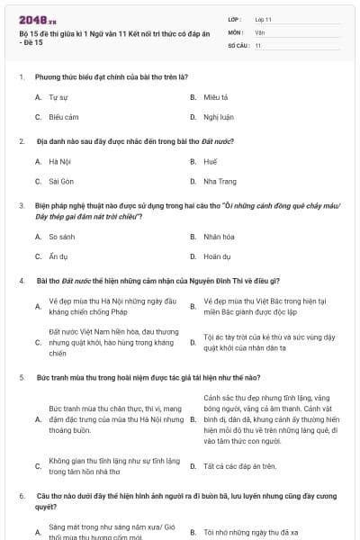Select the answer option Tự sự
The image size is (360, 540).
57,95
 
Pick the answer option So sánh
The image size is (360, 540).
60,237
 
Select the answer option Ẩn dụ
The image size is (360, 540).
58,256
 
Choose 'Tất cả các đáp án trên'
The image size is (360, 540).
239,466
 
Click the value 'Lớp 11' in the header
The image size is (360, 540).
264,18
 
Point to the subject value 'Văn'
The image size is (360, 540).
259,31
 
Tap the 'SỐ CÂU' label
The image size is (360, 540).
238,44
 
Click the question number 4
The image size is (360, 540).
21,280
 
